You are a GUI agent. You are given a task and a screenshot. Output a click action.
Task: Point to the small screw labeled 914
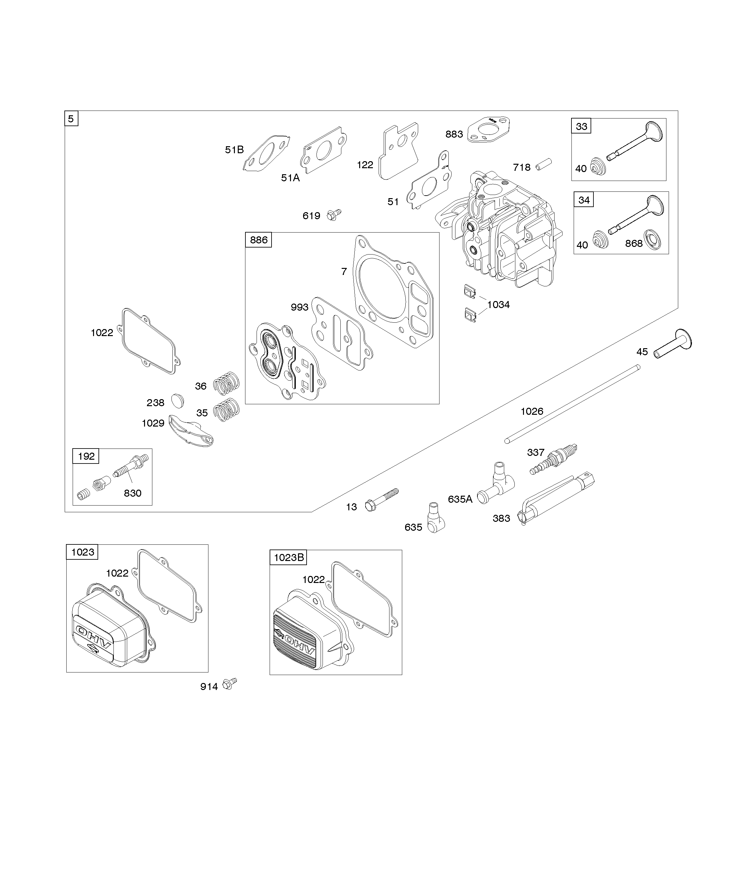pos(229,683)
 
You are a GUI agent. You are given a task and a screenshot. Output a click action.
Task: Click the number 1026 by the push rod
pos(532,411)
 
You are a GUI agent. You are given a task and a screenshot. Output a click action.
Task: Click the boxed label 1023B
pos(288,557)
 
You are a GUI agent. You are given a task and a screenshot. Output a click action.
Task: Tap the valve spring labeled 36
pos(226,383)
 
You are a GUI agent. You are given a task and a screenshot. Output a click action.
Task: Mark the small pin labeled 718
pos(543,165)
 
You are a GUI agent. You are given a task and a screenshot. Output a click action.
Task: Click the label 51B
pos(234,150)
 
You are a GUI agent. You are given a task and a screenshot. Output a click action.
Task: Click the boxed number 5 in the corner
pos(71,119)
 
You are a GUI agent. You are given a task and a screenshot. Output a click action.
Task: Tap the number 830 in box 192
pos(132,493)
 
